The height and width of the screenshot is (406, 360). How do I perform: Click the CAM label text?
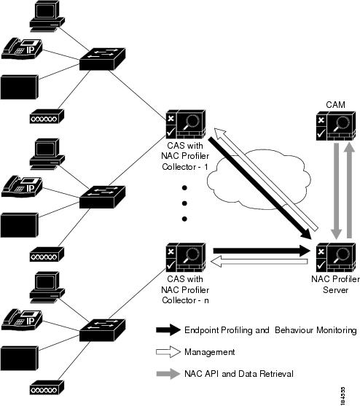pyautogui.click(x=335, y=105)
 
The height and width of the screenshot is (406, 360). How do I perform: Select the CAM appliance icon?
pyautogui.click(x=336, y=126)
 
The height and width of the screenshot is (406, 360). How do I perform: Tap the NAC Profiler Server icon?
pyautogui.click(x=336, y=257)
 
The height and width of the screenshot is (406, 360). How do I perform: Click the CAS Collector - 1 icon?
pyautogui.click(x=186, y=125)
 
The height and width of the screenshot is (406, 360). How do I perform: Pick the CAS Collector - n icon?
pyautogui.click(x=186, y=257)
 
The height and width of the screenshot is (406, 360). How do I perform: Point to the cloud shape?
pyautogui.click(x=259, y=179)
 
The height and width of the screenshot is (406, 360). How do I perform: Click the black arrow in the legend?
pyautogui.click(x=168, y=330)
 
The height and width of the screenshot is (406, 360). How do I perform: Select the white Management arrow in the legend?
pyautogui.click(x=168, y=352)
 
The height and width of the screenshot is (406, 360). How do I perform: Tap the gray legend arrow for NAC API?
pyautogui.click(x=168, y=374)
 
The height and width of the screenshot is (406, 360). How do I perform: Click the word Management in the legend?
pyautogui.click(x=210, y=352)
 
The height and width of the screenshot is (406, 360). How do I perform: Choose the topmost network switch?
pyautogui.click(x=102, y=59)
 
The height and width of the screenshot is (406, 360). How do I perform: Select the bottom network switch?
pyautogui.click(x=102, y=330)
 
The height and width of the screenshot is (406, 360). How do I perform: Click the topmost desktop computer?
pyautogui.click(x=47, y=17)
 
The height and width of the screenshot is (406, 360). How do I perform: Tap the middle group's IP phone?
pyautogui.click(x=22, y=187)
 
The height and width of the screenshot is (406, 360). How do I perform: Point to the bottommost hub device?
pyautogui.click(x=47, y=387)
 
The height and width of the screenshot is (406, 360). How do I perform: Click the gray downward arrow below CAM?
pyautogui.click(x=337, y=191)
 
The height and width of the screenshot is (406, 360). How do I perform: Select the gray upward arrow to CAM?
pyautogui.click(x=349, y=190)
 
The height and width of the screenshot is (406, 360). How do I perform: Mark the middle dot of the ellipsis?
pyautogui.click(x=184, y=203)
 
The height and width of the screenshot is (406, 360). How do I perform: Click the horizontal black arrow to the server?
pyautogui.click(x=262, y=251)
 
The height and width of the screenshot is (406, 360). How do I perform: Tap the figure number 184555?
pyautogui.click(x=343, y=395)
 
